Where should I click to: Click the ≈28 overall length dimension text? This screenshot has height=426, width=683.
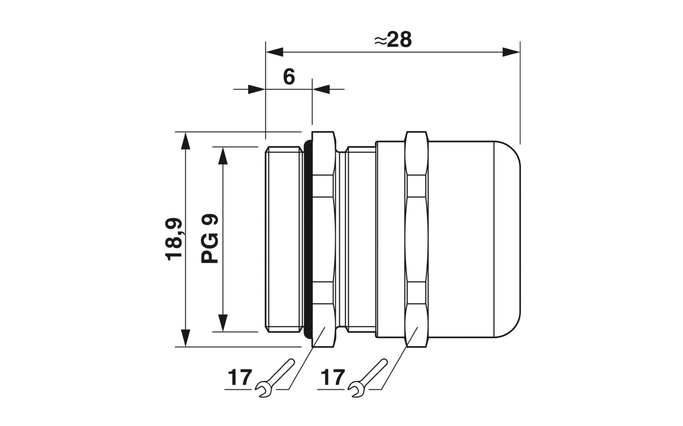click(x=392, y=40)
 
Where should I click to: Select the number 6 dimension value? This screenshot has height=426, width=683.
click(x=289, y=77)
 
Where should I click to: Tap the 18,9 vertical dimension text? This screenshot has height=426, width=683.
click(x=174, y=239)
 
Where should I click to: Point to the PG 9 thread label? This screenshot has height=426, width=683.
click(x=209, y=238)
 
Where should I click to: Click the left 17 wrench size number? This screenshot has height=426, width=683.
click(x=240, y=377)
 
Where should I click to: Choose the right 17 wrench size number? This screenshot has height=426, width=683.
click(x=333, y=377)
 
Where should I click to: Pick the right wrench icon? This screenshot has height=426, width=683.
click(x=367, y=378)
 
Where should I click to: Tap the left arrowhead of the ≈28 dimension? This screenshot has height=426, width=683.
click(x=275, y=52)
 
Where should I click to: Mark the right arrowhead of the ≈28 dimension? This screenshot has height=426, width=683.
click(x=511, y=52)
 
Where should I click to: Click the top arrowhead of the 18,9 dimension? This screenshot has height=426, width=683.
click(x=185, y=140)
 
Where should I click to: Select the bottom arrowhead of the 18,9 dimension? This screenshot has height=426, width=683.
click(x=185, y=338)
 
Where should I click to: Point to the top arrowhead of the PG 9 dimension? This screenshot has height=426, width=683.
click(x=223, y=155)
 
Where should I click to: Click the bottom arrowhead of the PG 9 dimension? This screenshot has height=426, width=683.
click(x=223, y=323)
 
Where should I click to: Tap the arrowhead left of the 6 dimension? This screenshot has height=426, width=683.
click(x=257, y=89)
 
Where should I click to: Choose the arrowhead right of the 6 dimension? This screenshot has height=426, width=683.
click(x=321, y=89)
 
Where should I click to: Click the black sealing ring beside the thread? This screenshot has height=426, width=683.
click(x=308, y=239)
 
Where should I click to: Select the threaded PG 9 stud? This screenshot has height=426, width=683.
click(x=284, y=239)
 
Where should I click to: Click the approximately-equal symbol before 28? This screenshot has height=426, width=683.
click(x=381, y=40)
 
